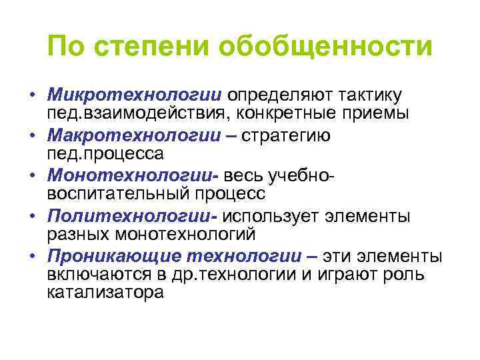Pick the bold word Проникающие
coord(115,255)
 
